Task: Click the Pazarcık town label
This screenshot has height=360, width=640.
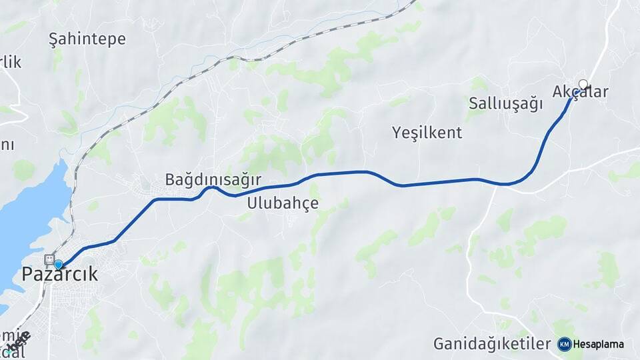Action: click(x=60, y=274)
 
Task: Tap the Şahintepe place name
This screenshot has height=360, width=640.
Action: click(x=87, y=39)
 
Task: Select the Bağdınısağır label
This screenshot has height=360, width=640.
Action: click(x=213, y=180)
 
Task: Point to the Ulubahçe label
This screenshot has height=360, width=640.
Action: click(x=283, y=203)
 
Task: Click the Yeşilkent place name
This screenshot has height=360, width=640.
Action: click(x=427, y=132)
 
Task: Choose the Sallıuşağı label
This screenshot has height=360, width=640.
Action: click(x=505, y=103)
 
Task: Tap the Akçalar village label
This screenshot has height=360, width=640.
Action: click(x=580, y=92)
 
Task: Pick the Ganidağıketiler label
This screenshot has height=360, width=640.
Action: click(x=492, y=344)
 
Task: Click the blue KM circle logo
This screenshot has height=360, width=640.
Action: click(x=565, y=344)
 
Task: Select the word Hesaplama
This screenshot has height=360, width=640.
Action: click(x=598, y=344)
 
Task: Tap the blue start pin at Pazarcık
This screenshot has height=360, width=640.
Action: click(x=58, y=265)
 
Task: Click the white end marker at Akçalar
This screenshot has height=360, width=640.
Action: click(x=583, y=84)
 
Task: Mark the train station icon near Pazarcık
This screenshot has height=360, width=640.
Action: click(x=49, y=259)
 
